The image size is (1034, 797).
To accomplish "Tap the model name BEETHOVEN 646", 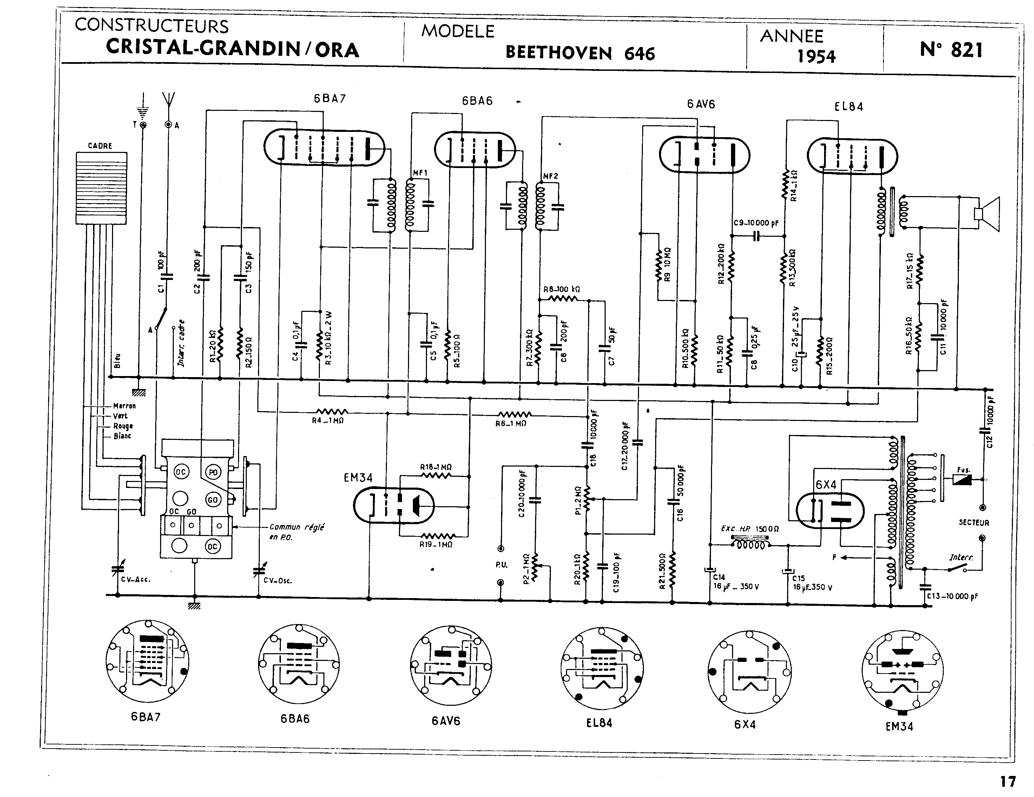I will coord(580,53).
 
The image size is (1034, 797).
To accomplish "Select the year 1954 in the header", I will coord(816,56).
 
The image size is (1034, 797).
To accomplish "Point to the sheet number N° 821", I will coord(951,50).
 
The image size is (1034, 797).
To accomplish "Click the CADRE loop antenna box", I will coord(101,188).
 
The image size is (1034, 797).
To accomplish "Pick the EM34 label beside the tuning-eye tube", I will coord(358,478).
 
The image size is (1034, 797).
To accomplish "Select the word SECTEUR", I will coord(974,523).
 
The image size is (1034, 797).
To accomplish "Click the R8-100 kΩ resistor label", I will coord(561,289).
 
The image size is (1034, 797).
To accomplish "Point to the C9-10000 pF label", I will coord(756,223).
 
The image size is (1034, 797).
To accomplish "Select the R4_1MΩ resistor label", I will coord(328,420).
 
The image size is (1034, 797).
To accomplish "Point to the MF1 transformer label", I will coord(420,173).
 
